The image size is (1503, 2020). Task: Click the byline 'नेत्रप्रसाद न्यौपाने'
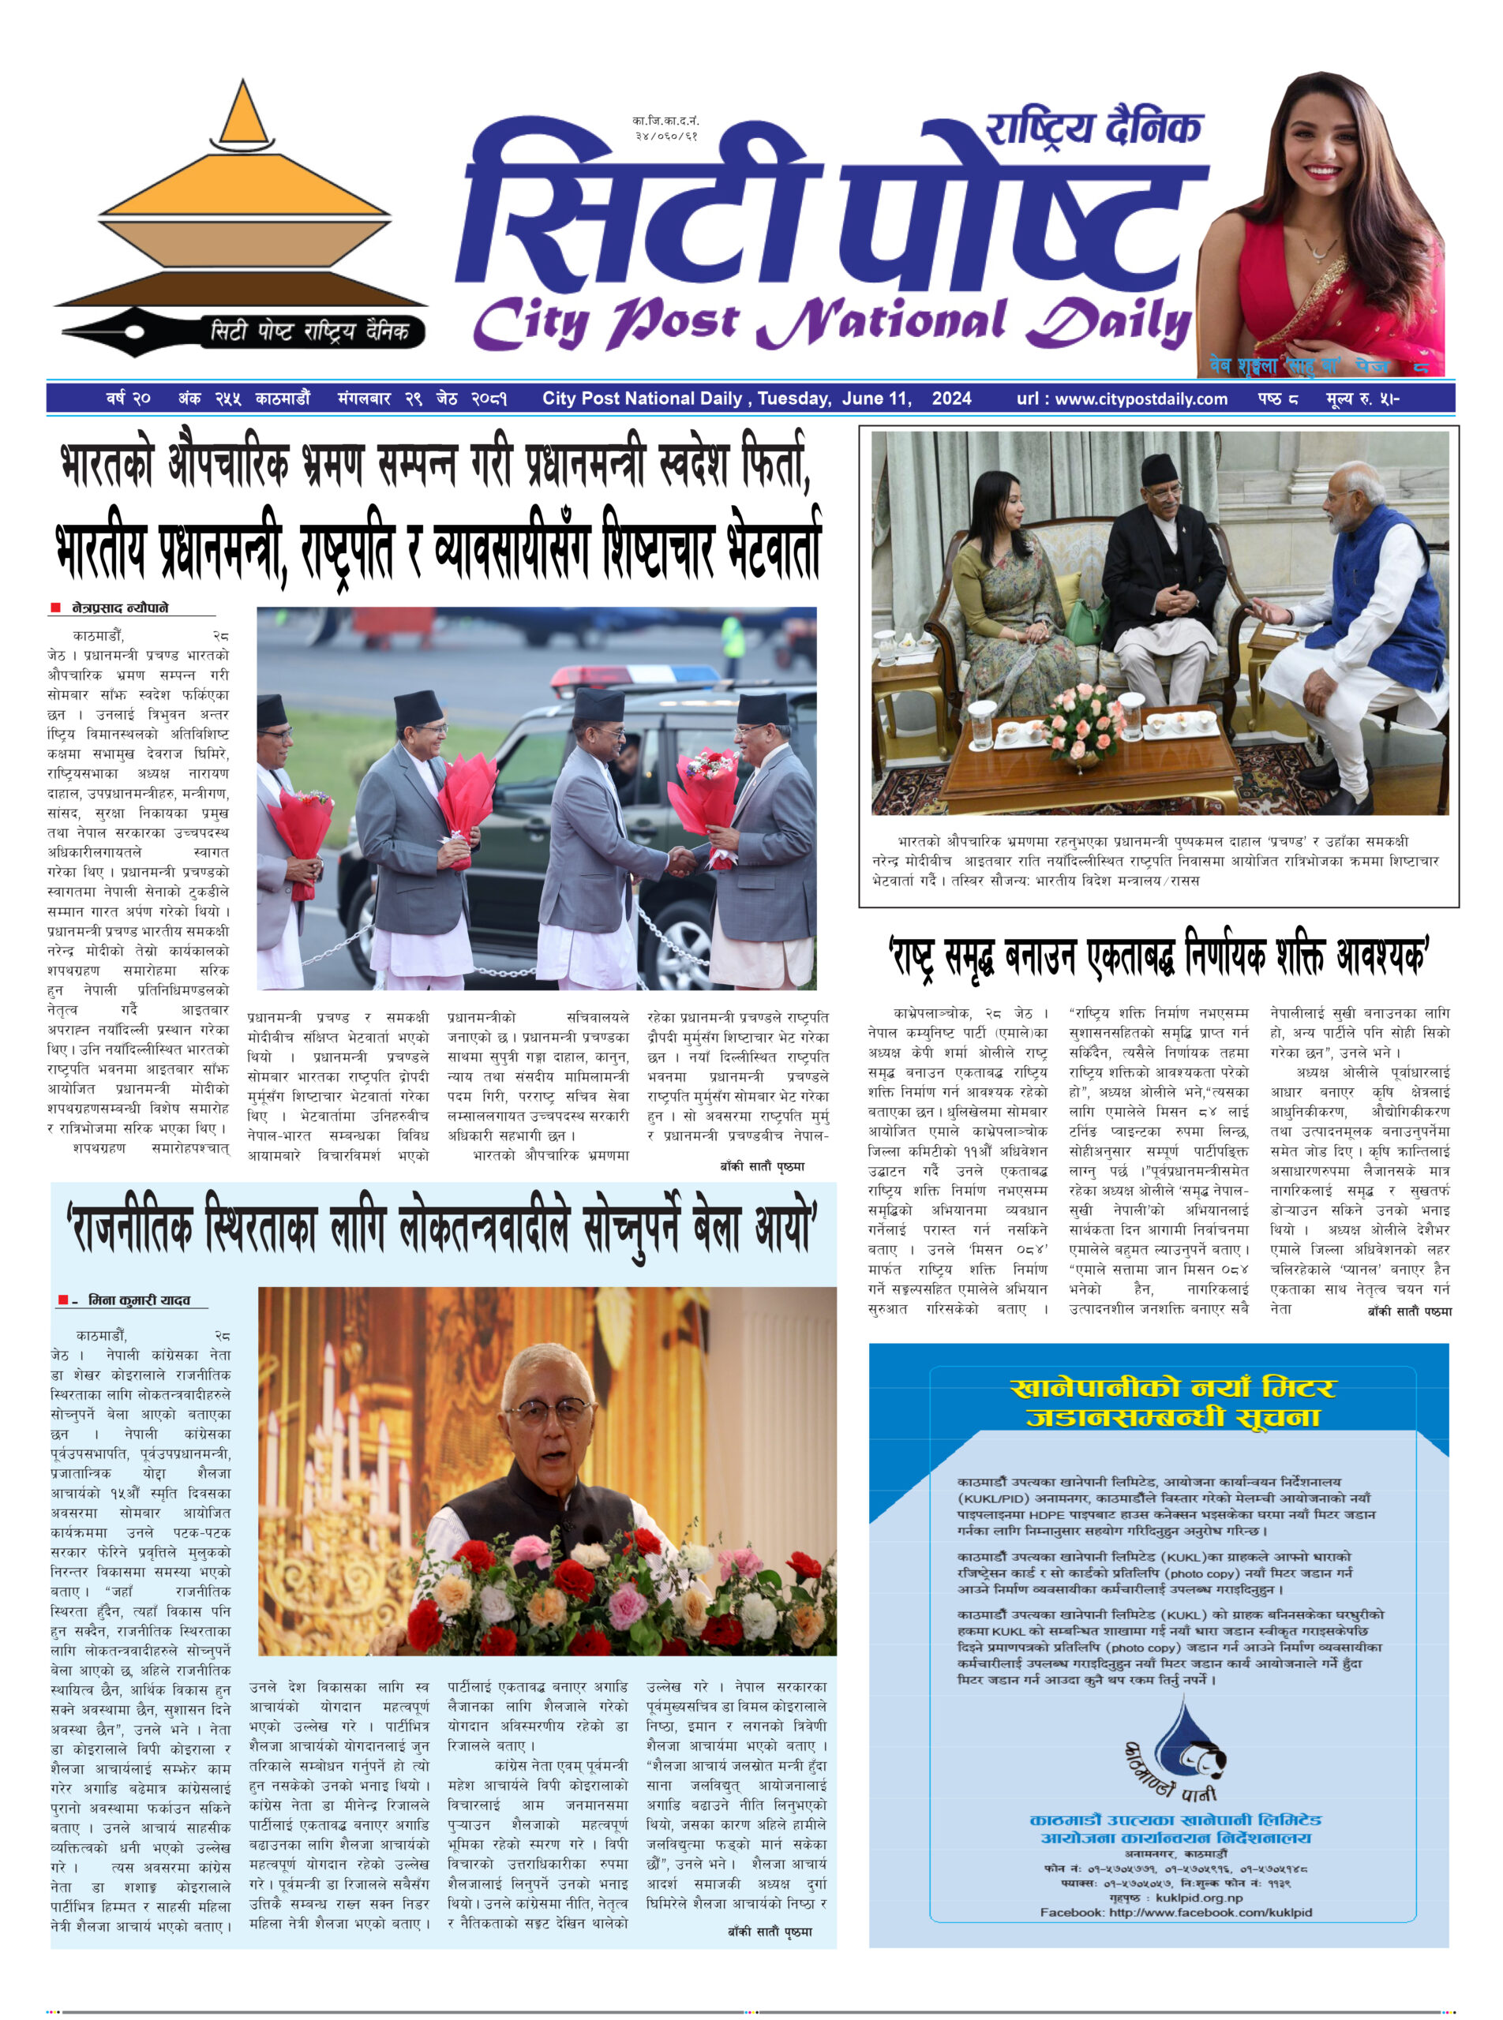click(120, 608)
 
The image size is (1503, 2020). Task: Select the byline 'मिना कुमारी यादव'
click(138, 1300)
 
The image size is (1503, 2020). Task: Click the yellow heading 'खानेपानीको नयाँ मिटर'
click(1173, 1388)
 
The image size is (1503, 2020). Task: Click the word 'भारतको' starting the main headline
click(107, 466)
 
